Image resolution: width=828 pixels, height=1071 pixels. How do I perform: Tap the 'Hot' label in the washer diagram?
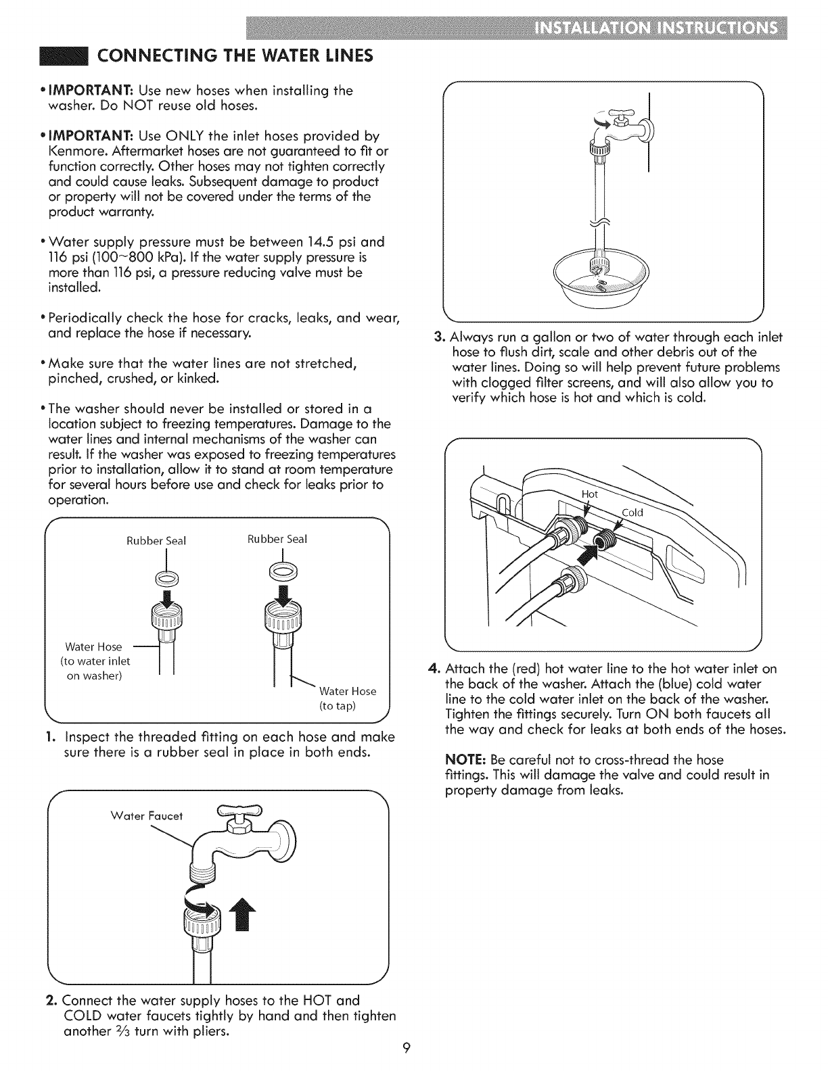(590, 494)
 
